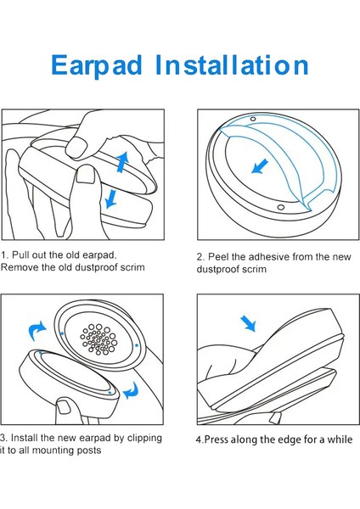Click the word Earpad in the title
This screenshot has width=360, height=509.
[97, 66]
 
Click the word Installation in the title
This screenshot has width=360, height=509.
[232, 65]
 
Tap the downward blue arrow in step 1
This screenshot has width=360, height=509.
[111, 199]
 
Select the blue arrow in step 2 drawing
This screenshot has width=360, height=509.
[260, 166]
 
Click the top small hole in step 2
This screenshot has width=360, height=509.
[253, 119]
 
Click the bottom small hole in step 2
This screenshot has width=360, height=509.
[281, 207]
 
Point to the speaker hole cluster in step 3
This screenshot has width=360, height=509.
[98, 338]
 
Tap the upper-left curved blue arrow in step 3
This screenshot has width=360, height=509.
[37, 331]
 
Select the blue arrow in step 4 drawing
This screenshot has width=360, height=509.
[249, 323]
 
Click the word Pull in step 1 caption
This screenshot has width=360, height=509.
[21, 255]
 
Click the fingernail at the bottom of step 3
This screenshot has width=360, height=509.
[64, 406]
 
